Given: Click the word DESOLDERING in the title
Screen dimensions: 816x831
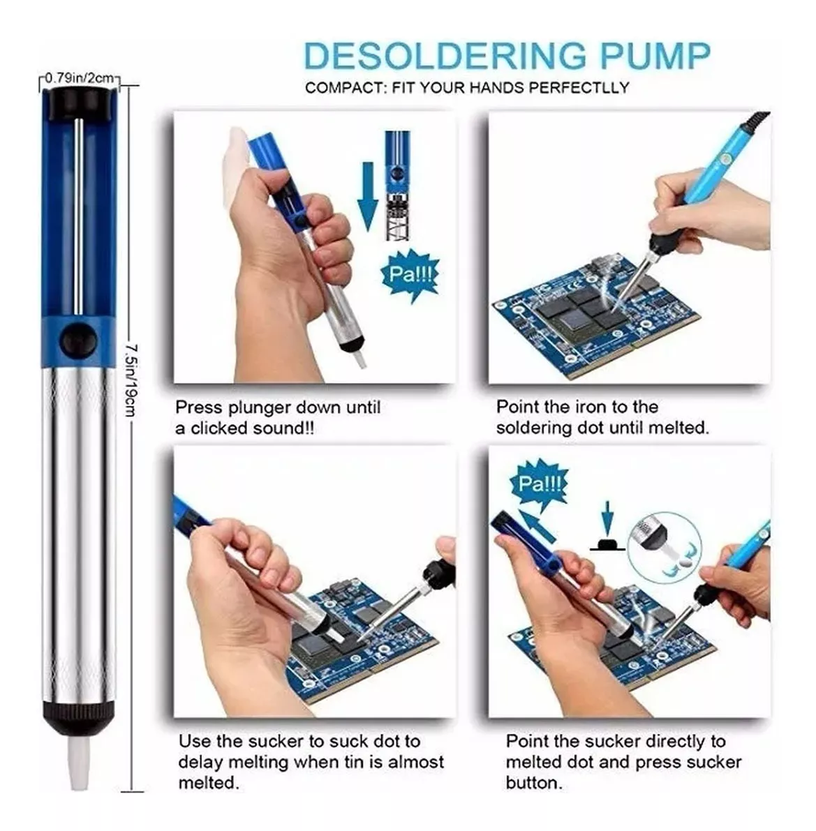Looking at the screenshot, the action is click(x=445, y=56).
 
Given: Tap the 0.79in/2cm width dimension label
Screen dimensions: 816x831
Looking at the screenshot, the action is click(x=80, y=78).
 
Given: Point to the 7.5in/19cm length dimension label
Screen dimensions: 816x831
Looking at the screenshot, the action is click(x=131, y=380).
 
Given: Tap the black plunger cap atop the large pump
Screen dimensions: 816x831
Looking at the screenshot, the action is click(x=78, y=103).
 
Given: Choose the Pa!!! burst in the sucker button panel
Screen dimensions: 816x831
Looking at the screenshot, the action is click(x=539, y=484).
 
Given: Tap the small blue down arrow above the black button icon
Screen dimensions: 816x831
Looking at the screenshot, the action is click(x=608, y=518).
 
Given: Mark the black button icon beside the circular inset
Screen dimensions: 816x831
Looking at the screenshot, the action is click(x=607, y=544).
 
